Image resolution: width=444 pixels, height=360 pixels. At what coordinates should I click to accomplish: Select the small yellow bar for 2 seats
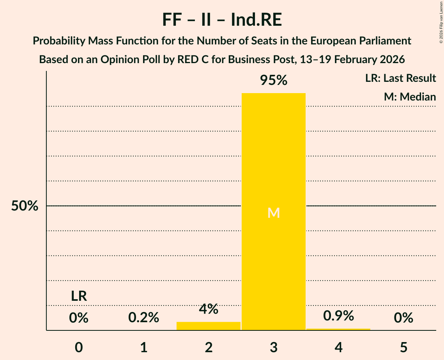pos(209,326)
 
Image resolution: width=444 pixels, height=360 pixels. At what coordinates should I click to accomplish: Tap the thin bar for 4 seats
pos(338,329)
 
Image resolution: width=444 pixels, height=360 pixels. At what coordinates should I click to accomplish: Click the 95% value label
pos(274,81)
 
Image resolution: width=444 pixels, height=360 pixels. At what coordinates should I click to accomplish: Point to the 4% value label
pos(209,309)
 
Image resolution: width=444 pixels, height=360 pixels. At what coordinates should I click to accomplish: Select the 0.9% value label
pos(338,316)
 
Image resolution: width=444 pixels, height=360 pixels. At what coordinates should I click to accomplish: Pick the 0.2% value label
pos(143,318)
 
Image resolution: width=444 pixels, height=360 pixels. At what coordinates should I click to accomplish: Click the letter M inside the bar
pos(274,213)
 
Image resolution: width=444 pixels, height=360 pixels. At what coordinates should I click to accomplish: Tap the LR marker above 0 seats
pos(79,296)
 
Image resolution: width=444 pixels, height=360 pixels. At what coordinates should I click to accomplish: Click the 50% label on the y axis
pos(25,206)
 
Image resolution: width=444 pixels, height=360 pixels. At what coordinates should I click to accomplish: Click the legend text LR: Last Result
pos(400,78)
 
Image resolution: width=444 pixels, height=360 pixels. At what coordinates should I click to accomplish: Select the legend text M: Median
pos(410,97)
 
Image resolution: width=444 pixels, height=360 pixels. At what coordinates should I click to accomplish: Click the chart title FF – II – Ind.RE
pos(222,20)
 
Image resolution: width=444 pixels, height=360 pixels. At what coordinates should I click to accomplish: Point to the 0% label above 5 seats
pos(403,318)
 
